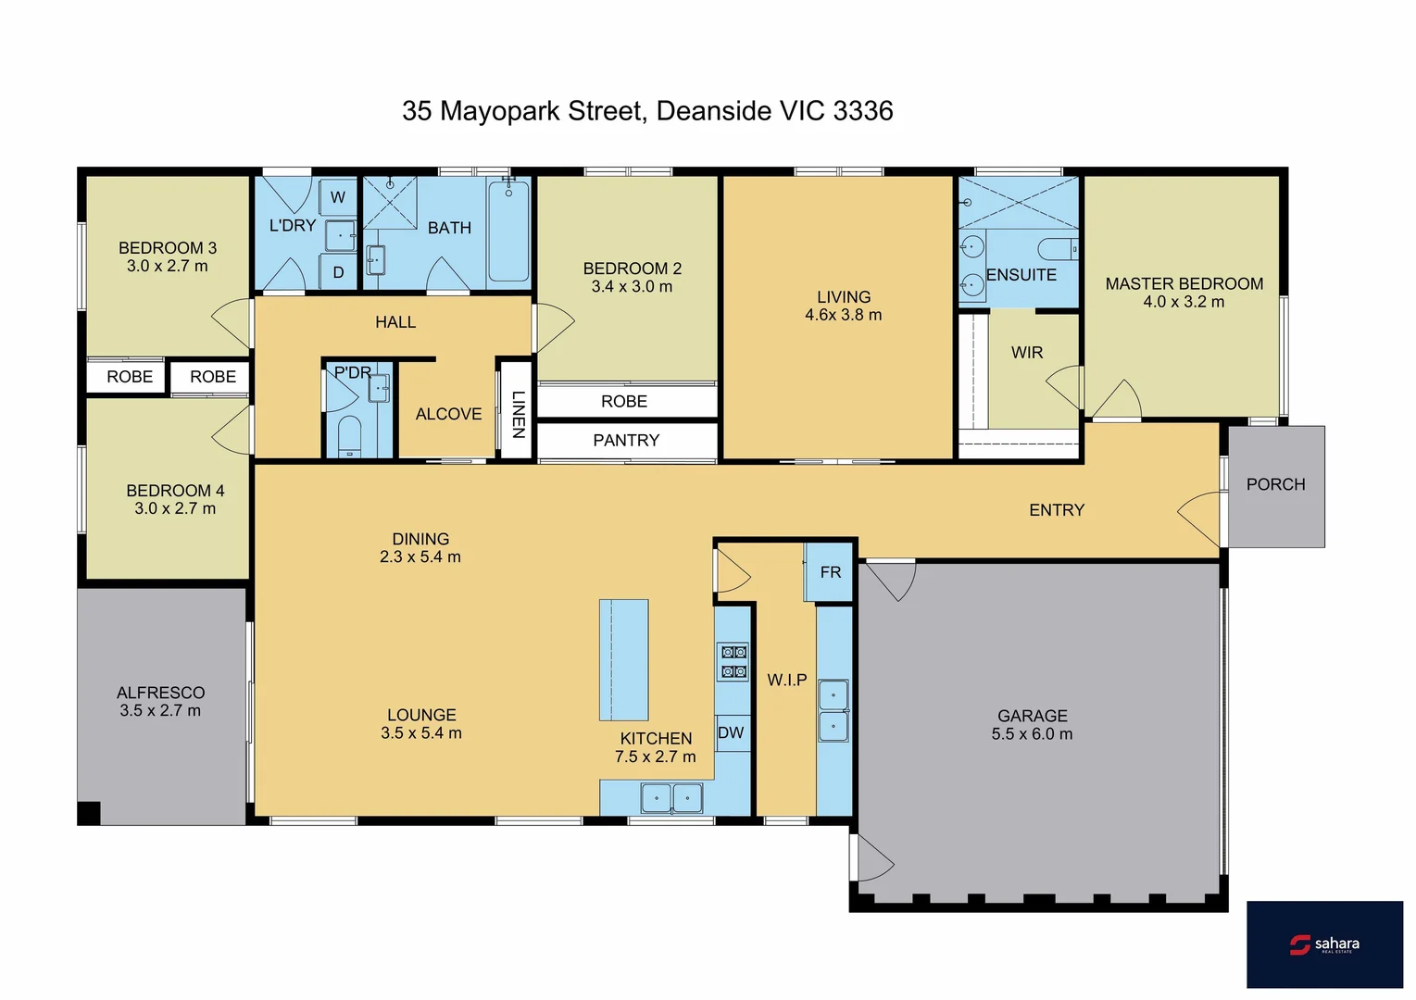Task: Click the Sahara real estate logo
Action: [1324, 944]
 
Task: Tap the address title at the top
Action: [647, 111]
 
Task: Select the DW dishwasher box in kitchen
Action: [731, 732]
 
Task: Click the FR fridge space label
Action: [830, 572]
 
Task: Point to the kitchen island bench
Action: [623, 659]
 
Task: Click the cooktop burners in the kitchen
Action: [733, 662]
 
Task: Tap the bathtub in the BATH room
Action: [508, 231]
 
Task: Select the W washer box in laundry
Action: [338, 197]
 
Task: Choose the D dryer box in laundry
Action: [338, 272]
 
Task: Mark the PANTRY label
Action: [626, 441]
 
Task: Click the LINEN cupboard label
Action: [518, 413]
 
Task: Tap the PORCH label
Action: [1275, 484]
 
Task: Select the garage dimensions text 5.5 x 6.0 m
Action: [1032, 734]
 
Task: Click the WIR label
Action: [1026, 353]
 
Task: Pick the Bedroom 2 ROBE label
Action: [624, 402]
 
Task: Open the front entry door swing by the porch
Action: [1201, 519]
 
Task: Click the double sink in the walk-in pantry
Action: [833, 711]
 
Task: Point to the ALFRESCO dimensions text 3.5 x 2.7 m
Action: [159, 711]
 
